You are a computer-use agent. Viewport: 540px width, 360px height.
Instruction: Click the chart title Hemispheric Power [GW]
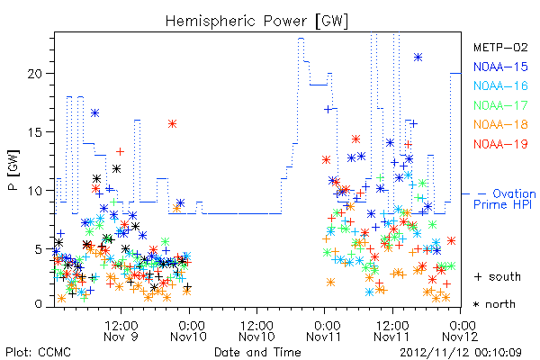click(x=256, y=21)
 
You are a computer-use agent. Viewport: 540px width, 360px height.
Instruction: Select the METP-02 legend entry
click(x=500, y=47)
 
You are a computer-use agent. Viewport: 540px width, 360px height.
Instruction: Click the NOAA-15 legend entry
click(x=500, y=67)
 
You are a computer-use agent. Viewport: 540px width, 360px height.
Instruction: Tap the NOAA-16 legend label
click(x=500, y=85)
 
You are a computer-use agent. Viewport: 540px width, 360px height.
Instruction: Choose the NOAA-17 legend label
click(x=500, y=105)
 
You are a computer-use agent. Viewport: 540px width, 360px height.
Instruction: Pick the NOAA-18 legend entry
click(x=500, y=124)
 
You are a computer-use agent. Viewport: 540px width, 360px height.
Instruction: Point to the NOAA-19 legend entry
click(x=500, y=144)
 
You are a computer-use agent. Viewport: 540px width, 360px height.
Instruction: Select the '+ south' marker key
click(x=498, y=276)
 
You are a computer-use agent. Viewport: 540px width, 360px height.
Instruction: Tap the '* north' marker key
click(x=494, y=304)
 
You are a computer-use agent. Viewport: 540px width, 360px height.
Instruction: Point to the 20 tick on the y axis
click(x=36, y=74)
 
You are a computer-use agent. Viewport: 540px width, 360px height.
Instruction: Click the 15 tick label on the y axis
click(x=36, y=132)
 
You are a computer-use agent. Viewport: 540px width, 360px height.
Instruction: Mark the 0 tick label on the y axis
click(x=39, y=304)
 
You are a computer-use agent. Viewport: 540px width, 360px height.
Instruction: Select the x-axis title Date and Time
click(x=257, y=352)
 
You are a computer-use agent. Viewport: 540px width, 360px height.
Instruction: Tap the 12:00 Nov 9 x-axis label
click(x=121, y=331)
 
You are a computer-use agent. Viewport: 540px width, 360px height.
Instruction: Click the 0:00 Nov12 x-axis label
click(x=461, y=331)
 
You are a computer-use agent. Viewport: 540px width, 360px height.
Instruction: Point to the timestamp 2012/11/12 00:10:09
click(x=461, y=353)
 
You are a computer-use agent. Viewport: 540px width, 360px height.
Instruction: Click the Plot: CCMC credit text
click(x=38, y=352)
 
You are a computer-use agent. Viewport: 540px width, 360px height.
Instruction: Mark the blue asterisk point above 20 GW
click(x=418, y=58)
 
